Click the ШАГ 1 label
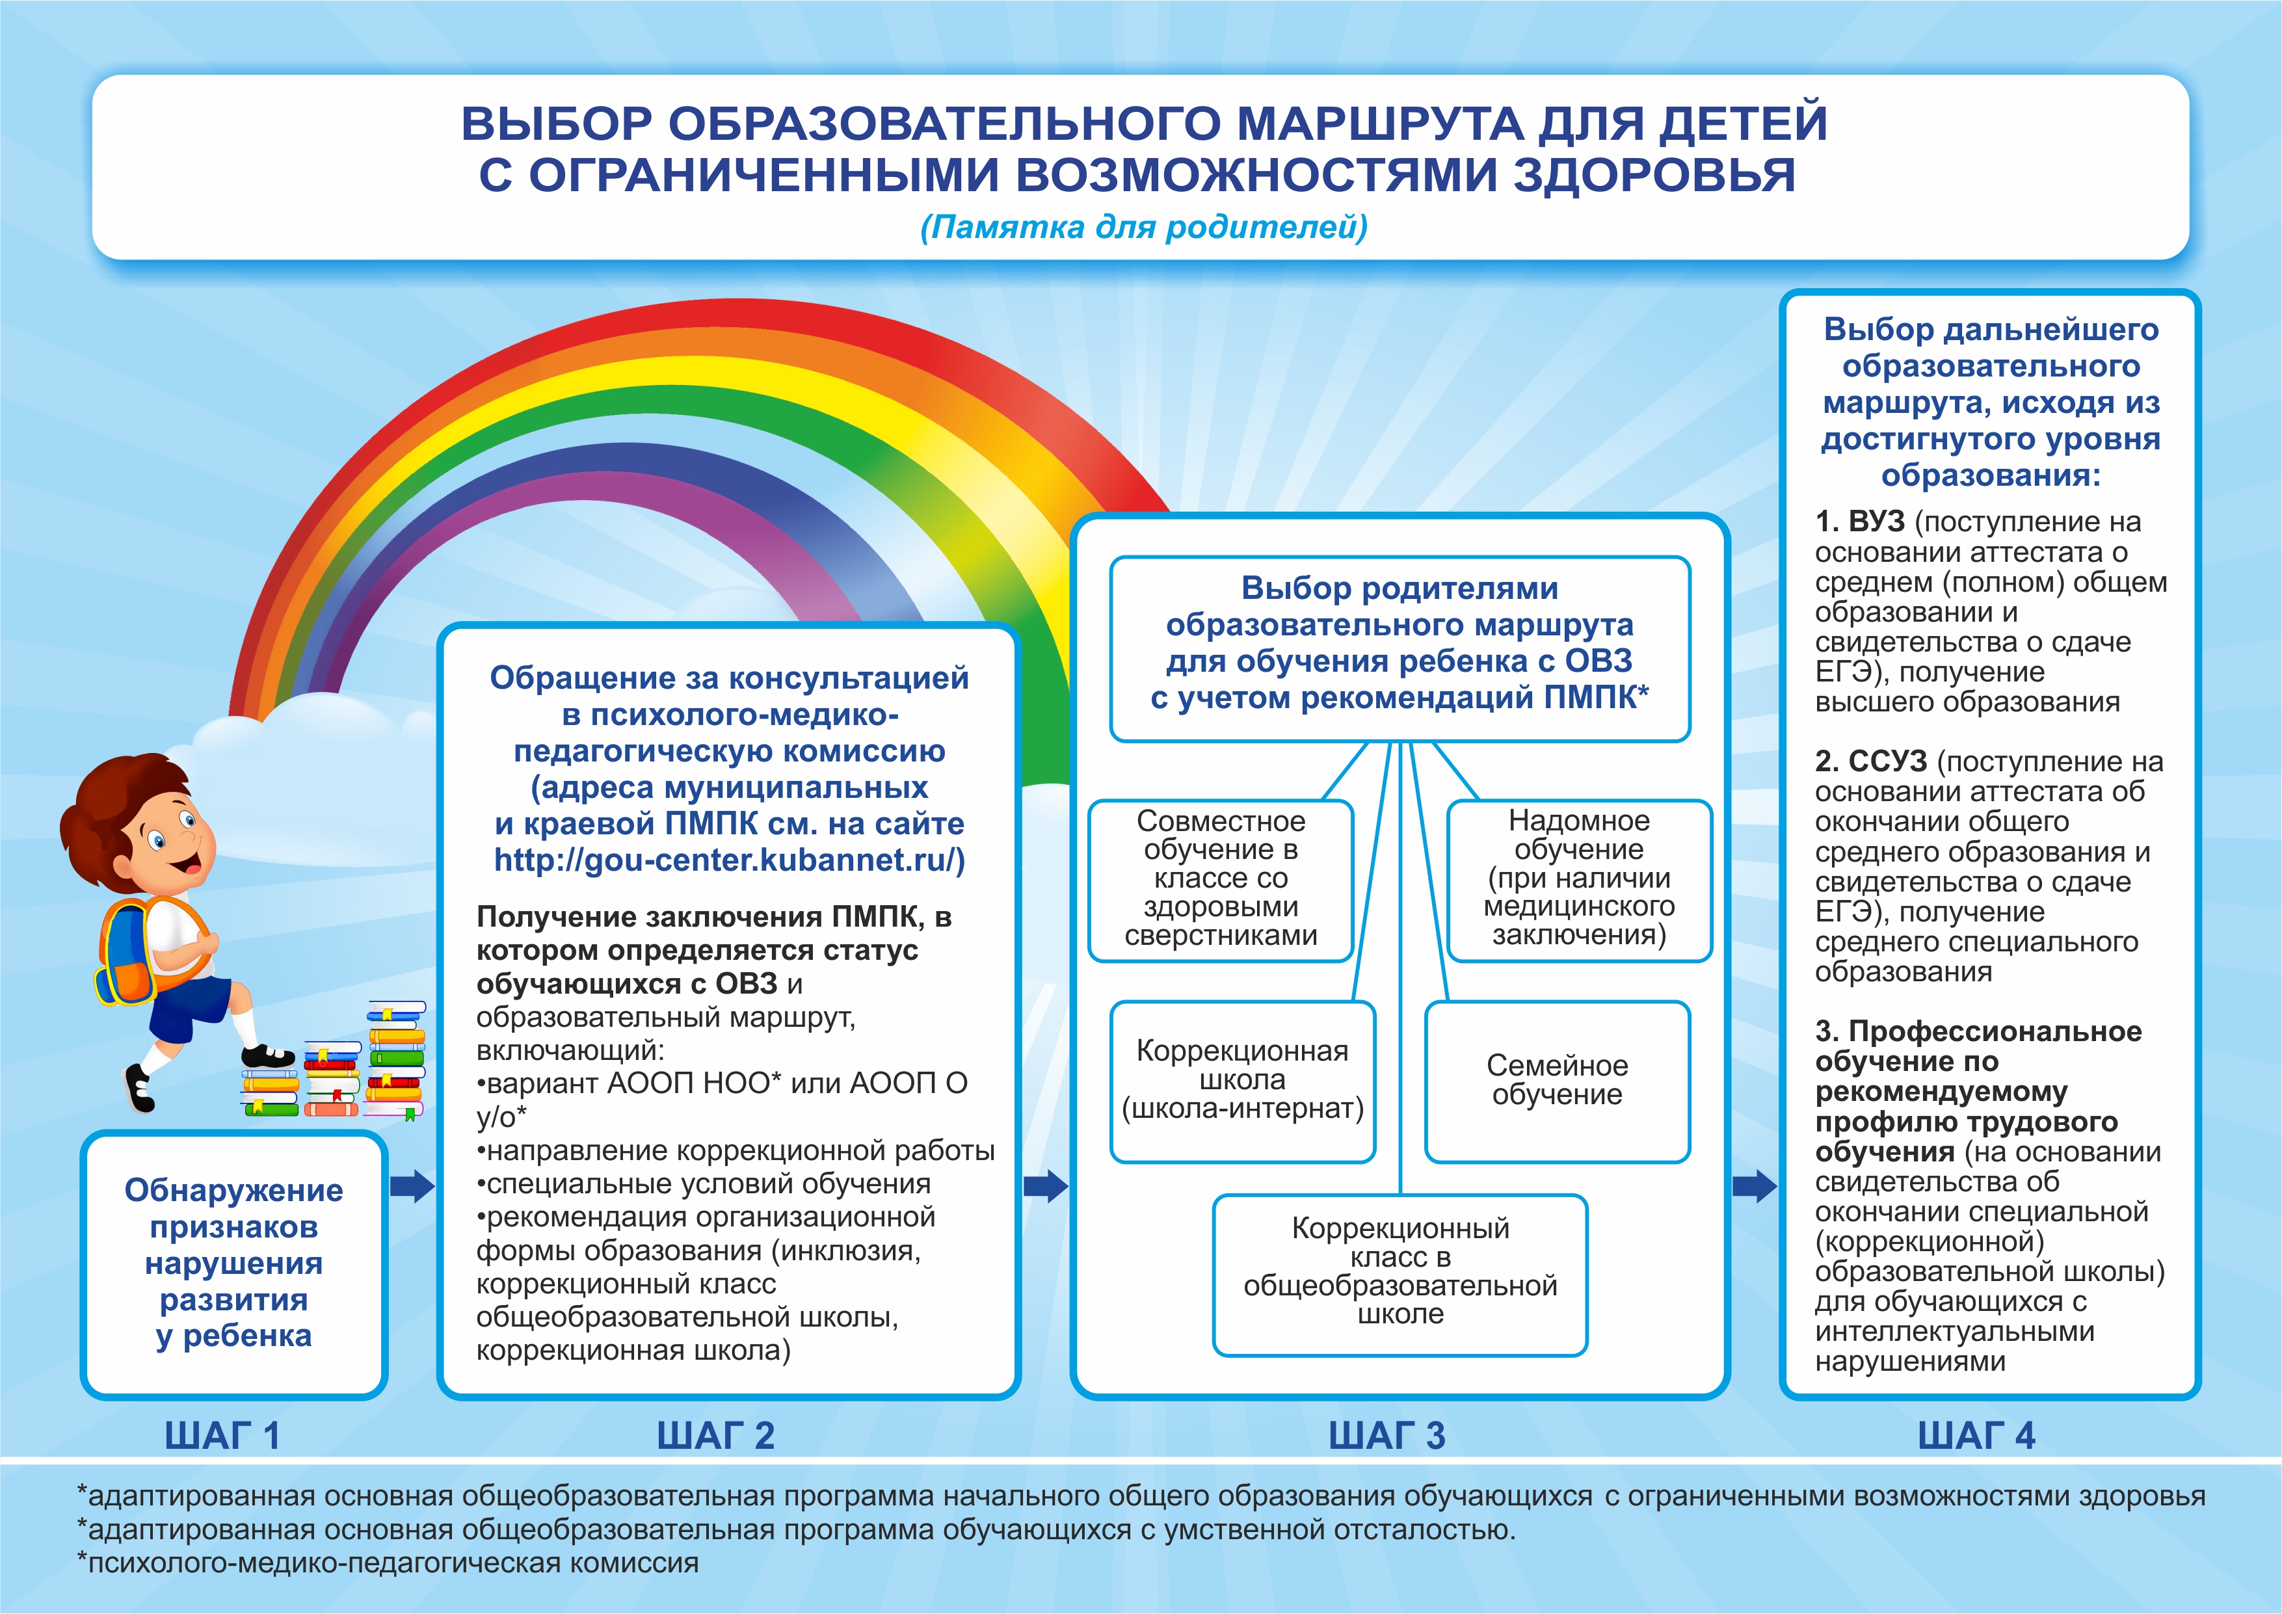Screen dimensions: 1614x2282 tap(222, 1435)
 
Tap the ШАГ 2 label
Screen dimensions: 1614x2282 tap(715, 1435)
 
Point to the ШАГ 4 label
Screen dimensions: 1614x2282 tap(1976, 1435)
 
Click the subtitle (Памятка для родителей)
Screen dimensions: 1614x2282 tap(1143, 228)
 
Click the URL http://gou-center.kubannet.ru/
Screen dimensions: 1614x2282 tap(728, 860)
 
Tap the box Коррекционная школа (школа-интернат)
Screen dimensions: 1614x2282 tap(1242, 1080)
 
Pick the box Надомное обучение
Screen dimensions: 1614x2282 tap(1578, 879)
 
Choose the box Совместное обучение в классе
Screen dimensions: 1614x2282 tap(1221, 879)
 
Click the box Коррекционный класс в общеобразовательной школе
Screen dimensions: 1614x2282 tap(1400, 1272)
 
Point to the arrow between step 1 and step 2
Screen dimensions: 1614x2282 tap(412, 1185)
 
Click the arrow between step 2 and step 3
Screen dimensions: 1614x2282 tap(1046, 1185)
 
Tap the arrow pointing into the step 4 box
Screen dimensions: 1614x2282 tap(1754, 1185)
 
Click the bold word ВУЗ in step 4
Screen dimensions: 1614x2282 tap(1876, 522)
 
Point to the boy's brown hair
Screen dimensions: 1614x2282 tap(109, 795)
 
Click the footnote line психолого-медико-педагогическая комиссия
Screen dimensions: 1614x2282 tap(388, 1563)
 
